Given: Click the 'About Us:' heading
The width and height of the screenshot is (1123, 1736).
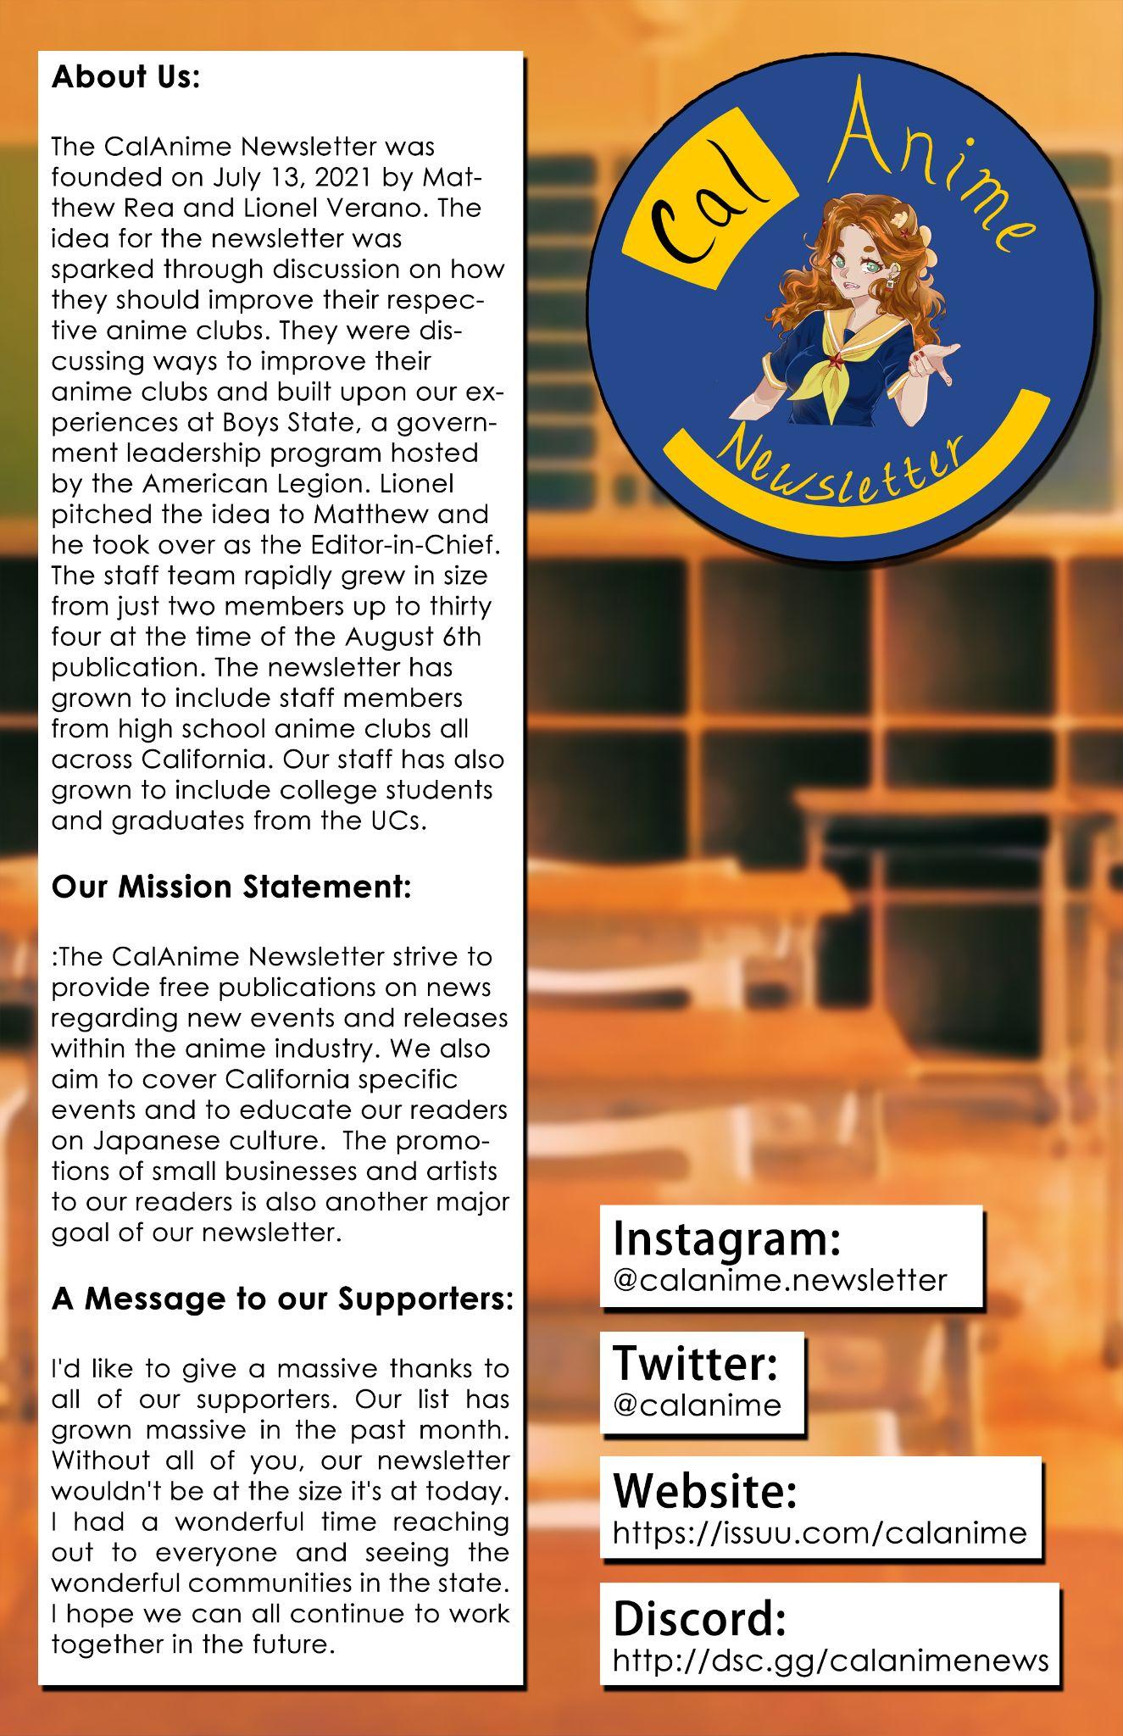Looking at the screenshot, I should [x=125, y=77].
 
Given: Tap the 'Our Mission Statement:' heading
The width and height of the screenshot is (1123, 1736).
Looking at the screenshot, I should [x=231, y=887].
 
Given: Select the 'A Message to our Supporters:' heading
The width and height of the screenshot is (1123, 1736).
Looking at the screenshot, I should [x=282, y=1299].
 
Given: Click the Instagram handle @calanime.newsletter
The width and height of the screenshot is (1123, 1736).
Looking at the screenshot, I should [x=779, y=1279].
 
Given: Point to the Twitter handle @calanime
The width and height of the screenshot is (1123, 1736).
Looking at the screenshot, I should [x=697, y=1405].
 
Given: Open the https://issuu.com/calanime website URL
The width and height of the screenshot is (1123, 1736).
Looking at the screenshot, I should [x=819, y=1532].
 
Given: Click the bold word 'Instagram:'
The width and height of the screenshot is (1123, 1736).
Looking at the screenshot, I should [x=726, y=1238].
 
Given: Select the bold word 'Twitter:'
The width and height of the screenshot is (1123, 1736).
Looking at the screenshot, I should [x=695, y=1364].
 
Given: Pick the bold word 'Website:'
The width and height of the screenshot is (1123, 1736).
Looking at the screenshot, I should [x=705, y=1491].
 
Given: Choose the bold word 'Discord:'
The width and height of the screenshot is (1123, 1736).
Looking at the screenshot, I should [x=699, y=1618].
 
